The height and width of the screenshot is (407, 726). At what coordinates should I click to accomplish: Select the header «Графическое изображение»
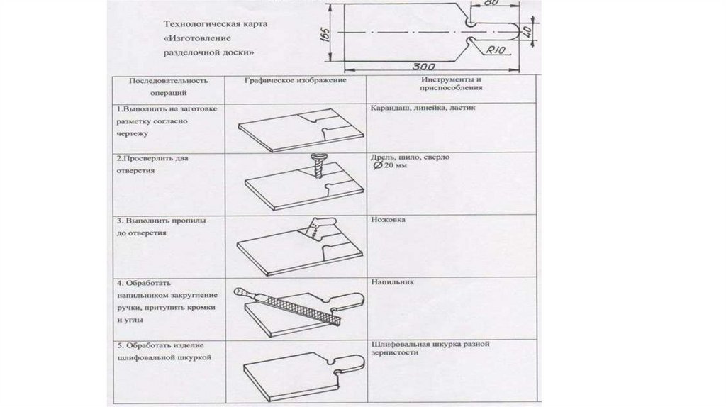(x=294, y=81)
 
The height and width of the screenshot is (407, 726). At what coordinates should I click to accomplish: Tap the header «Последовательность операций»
(x=169, y=86)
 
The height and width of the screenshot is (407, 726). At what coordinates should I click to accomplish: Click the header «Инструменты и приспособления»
(x=451, y=84)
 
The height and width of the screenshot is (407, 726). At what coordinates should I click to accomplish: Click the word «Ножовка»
(x=388, y=220)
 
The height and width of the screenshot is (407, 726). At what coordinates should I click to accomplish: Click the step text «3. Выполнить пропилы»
(x=161, y=221)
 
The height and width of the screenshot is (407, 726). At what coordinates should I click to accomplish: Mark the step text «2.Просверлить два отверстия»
(x=153, y=164)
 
